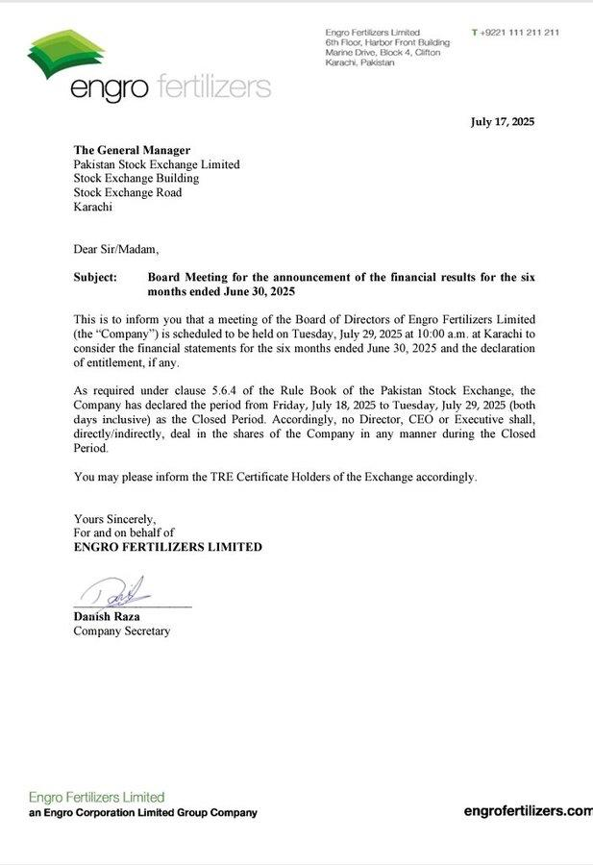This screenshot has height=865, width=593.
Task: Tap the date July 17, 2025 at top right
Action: click(502, 122)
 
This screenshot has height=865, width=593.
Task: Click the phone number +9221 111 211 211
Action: click(519, 33)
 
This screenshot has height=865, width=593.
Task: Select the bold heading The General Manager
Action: click(132, 150)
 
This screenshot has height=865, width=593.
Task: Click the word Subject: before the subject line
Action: click(95, 277)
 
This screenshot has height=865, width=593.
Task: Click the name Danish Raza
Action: click(107, 616)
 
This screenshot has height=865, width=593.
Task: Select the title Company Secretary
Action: click(121, 631)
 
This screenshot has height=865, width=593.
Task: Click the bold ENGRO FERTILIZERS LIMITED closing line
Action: click(167, 547)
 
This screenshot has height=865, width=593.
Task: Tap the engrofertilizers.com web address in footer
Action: click(528, 811)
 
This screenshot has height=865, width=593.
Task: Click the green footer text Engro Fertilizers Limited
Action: click(96, 797)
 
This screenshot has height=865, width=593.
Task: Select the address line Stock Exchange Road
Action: click(128, 192)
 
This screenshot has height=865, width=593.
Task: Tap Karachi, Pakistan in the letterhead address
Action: click(359, 62)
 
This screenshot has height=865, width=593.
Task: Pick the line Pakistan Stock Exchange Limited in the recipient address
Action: click(157, 164)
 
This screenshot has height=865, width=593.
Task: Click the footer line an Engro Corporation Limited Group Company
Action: click(142, 813)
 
